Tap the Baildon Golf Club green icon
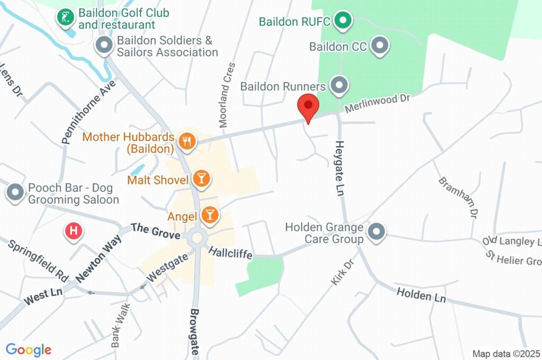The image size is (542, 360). pyautogui.click(x=65, y=17)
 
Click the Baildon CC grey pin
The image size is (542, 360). pyautogui.click(x=380, y=47)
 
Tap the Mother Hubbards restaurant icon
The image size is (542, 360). pyautogui.click(x=187, y=141)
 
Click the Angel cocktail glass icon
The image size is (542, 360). pyautogui.click(x=210, y=215)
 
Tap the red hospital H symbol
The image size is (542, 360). pyautogui.click(x=74, y=230)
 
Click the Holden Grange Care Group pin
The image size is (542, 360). pyautogui.click(x=376, y=231)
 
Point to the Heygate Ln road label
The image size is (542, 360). pyautogui.click(x=340, y=169)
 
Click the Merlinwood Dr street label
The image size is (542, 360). pyautogui.click(x=378, y=103)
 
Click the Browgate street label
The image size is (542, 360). pyautogui.click(x=195, y=332)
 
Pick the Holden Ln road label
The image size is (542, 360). pyautogui.click(x=421, y=295)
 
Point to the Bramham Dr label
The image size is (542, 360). pyautogui.click(x=457, y=197)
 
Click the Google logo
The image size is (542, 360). pyautogui.click(x=29, y=350)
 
